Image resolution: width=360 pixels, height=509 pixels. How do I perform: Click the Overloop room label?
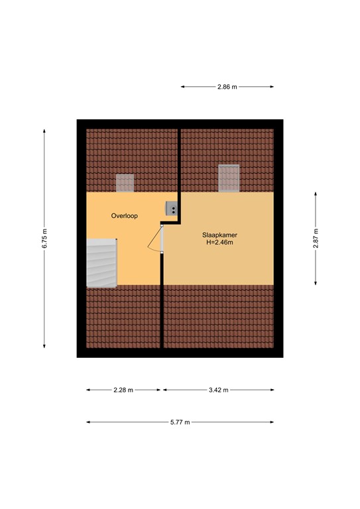pos(125,216)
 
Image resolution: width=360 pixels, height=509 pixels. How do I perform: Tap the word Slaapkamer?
pos(219,235)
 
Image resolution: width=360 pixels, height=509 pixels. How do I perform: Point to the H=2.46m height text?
pos(219,243)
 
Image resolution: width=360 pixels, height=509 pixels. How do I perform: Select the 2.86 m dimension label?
pos(227,87)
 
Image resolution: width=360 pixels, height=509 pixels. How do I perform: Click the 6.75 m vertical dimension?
pos(44,239)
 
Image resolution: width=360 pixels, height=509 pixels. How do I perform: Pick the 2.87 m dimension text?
pos(316,239)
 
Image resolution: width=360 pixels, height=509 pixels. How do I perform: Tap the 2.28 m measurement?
pos(123,390)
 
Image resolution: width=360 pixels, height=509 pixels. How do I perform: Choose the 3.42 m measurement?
pos(219,390)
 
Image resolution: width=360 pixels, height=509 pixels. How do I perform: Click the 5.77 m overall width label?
pos(180,422)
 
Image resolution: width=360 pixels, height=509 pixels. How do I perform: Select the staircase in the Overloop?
pos(101,263)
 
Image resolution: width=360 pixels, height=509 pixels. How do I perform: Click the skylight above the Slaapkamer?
pos(229,178)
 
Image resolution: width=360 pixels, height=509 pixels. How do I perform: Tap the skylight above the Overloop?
pos(125,183)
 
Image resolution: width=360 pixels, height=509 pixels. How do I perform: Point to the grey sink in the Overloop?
pos(172,208)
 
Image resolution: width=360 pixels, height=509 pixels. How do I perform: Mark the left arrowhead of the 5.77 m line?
pos(88,422)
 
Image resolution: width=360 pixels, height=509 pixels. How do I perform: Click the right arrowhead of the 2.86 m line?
pos(272,87)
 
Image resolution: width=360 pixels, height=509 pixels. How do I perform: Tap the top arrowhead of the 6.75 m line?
pos(44,131)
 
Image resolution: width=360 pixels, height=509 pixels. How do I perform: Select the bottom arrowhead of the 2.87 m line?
pos(316,283)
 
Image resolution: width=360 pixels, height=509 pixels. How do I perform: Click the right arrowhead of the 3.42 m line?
pos(272,390)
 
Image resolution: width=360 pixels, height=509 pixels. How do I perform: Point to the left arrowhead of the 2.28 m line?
pos(88,390)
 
